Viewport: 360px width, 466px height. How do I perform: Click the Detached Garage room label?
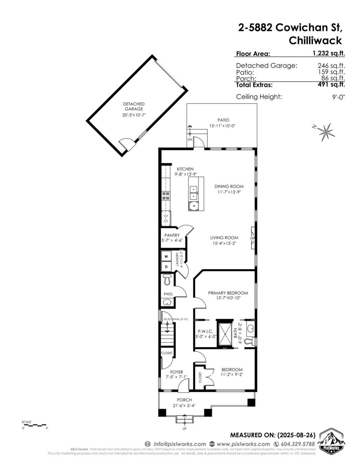tap(134, 106)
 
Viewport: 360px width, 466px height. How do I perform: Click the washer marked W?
tap(166, 257)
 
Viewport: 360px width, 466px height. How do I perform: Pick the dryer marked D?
tap(166, 267)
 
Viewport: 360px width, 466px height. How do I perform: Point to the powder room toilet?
tap(167, 279)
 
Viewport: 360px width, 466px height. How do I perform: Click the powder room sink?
tap(168, 303)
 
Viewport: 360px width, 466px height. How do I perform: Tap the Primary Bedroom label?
tap(228, 293)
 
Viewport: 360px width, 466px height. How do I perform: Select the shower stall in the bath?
tap(224, 333)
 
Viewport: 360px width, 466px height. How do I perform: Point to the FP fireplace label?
tap(252, 238)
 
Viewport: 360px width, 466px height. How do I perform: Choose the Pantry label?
tap(172, 235)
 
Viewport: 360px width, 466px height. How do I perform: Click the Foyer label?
tap(176, 372)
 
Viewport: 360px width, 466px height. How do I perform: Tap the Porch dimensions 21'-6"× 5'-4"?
tap(184, 406)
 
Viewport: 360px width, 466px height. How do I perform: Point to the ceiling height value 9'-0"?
tap(336, 97)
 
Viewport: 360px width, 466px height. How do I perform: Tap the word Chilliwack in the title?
tap(315, 40)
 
